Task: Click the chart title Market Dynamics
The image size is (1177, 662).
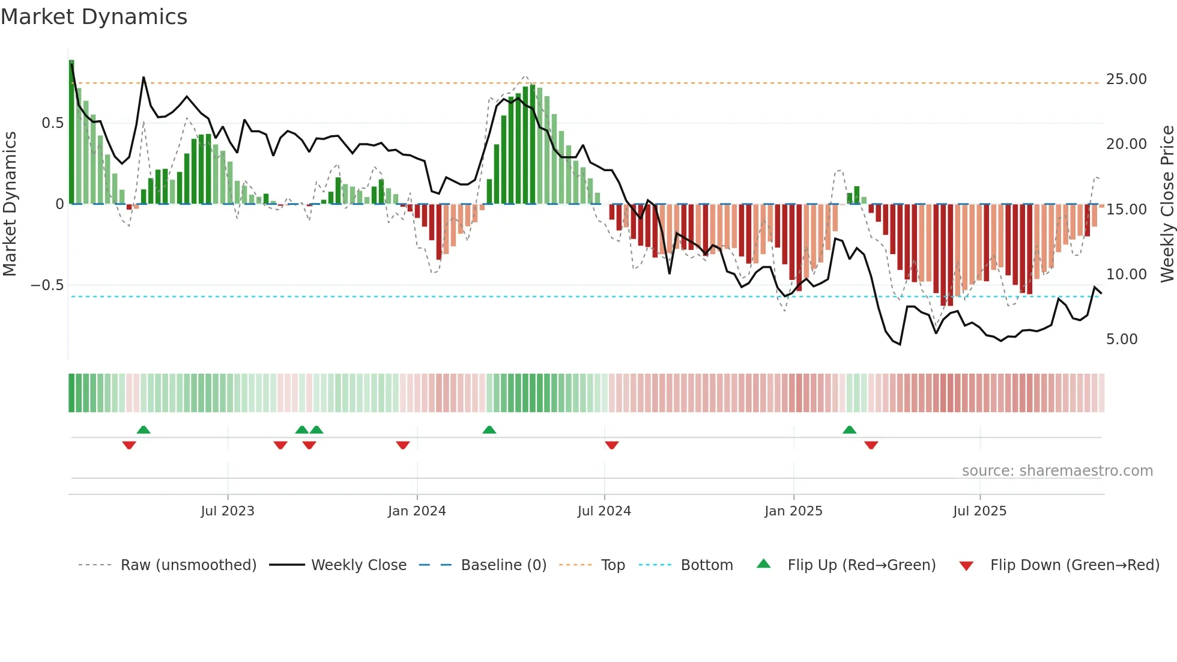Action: pos(94,17)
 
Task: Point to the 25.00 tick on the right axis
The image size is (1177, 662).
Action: pos(1126,79)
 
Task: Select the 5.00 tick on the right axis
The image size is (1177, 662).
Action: pos(1121,339)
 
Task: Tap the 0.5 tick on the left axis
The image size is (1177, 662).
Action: pos(52,123)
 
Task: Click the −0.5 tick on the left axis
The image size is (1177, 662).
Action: pos(47,285)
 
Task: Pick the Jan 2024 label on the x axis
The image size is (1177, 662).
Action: pos(417,511)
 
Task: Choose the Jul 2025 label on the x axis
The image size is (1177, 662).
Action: pos(979,511)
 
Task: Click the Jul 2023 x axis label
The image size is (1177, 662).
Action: pos(228,511)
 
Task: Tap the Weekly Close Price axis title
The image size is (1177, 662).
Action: pos(1167,204)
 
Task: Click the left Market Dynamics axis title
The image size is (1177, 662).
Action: pos(10,204)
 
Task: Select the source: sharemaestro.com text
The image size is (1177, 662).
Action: pos(1057,471)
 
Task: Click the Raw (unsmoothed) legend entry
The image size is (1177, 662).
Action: pos(188,565)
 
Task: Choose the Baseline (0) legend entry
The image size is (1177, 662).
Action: pos(503,565)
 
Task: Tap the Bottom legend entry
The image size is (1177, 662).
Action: pos(706,565)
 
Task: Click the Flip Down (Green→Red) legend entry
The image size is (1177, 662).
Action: pos(1074,565)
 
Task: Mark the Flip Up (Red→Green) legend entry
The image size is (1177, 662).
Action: pos(861,565)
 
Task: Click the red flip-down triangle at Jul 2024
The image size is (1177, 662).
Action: pos(612,445)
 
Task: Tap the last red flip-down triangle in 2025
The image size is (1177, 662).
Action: pos(871,445)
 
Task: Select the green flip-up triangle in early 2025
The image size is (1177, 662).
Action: pos(849,430)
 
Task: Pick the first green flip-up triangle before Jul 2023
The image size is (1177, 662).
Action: pos(144,430)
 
